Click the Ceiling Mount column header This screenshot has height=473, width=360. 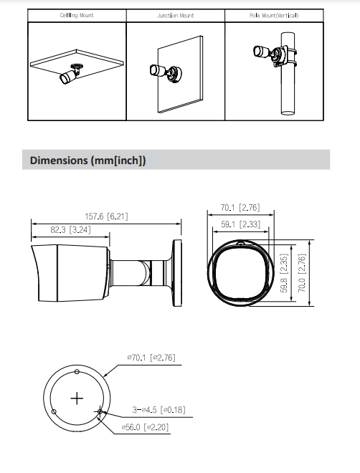pos(76,15)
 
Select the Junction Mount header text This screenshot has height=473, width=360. pos(175,15)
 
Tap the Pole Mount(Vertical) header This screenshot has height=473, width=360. pos(274,15)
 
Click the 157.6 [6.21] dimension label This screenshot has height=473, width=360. pos(107,216)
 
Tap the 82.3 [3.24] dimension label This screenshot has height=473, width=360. pos(70,231)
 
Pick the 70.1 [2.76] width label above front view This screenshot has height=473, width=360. pos(239,209)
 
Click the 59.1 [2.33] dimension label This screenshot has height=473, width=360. pos(239,224)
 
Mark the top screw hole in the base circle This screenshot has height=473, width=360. pos(76,371)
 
